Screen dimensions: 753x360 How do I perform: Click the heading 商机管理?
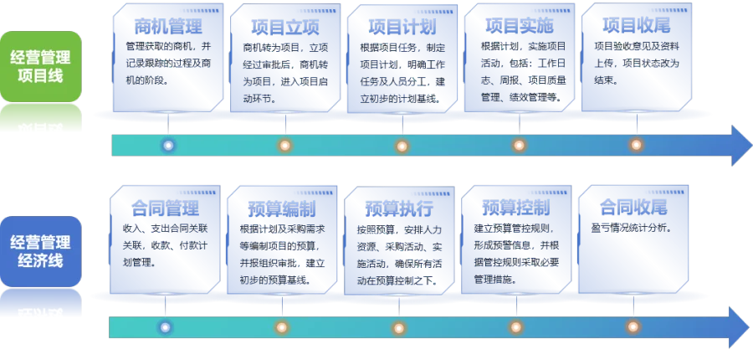[x=168, y=26]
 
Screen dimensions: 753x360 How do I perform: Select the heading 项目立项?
[x=285, y=27]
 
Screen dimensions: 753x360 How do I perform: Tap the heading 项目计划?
[x=402, y=27]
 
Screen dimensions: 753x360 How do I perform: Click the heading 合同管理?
[x=165, y=208]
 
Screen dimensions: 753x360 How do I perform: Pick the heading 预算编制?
[x=282, y=209]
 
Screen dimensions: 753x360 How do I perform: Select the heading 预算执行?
[x=399, y=209]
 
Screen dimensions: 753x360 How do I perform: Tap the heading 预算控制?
[x=516, y=208]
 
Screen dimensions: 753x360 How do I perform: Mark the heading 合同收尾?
[x=633, y=208]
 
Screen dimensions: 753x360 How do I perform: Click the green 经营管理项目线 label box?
[x=41, y=66]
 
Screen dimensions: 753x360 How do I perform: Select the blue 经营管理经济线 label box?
[x=41, y=251]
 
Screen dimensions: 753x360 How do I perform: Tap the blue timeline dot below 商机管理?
[x=168, y=145]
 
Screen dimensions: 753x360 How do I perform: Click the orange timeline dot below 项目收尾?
[x=637, y=145]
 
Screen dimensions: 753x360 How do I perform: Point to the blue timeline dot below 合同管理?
[x=165, y=328]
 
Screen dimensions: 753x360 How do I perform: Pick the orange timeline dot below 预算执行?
[x=398, y=328]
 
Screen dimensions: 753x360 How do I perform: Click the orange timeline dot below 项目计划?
[x=402, y=146]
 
